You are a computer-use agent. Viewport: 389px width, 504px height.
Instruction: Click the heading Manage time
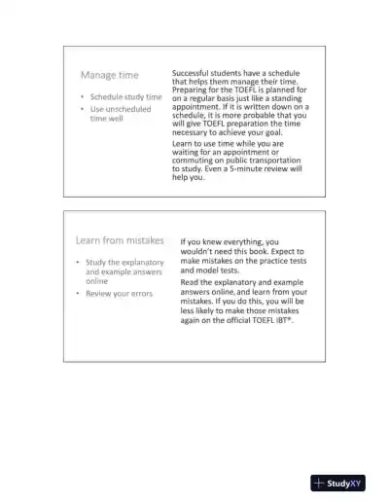pos(109,75)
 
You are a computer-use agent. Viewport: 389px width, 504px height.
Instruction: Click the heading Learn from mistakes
pos(120,240)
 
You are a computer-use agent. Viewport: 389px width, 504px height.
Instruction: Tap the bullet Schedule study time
pos(125,97)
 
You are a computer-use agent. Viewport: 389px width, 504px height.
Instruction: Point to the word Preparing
pos(193,90)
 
